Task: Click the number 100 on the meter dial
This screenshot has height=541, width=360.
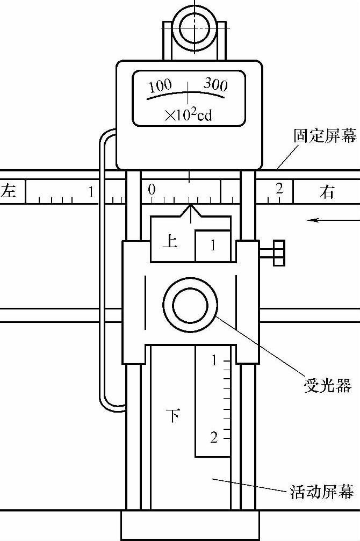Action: pyautogui.click(x=160, y=85)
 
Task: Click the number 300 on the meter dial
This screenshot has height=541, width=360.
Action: pyautogui.click(x=215, y=84)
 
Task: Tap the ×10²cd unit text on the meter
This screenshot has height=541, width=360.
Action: pyautogui.click(x=188, y=114)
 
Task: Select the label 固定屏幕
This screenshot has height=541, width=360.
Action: pyautogui.click(x=325, y=136)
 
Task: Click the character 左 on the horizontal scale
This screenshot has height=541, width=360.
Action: pyautogui.click(x=9, y=191)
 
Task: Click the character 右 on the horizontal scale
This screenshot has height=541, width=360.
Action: pyautogui.click(x=327, y=192)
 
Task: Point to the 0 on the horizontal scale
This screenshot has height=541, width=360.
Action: pyautogui.click(x=152, y=189)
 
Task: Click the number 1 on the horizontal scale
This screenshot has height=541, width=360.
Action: pyautogui.click(x=91, y=191)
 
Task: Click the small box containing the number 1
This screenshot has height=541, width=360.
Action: pyautogui.click(x=213, y=246)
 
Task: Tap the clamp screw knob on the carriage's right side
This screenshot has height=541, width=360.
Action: pyautogui.click(x=273, y=253)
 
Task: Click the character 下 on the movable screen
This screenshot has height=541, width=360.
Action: pyautogui.click(x=172, y=415)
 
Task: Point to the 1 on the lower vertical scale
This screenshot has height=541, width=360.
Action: pyautogui.click(x=214, y=360)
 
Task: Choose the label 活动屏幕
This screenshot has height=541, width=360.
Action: pyautogui.click(x=322, y=492)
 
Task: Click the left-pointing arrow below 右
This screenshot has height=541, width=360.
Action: pyautogui.click(x=325, y=219)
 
